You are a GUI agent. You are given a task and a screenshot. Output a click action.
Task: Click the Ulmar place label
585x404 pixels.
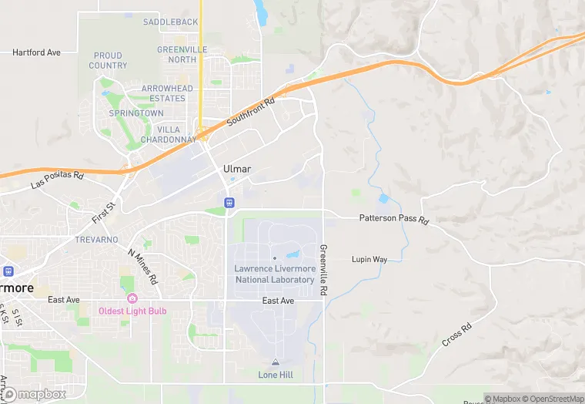point(237,169)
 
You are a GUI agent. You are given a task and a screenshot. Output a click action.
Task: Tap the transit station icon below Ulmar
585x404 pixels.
point(229,202)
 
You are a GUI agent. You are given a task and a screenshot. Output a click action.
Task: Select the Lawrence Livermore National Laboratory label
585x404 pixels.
point(275,274)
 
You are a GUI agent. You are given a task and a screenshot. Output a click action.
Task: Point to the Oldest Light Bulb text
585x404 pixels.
point(132,311)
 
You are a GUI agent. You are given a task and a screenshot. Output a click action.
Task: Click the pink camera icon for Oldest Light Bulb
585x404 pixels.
point(132,298)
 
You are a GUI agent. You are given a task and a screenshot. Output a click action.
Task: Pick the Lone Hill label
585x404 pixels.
point(275,375)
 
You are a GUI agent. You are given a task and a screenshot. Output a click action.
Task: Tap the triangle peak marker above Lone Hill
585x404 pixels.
point(275,362)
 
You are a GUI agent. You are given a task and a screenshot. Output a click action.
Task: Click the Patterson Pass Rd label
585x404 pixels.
point(394,218)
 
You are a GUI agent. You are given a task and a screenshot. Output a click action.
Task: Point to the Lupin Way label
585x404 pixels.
point(369,260)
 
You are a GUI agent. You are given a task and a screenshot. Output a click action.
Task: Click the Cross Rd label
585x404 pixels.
point(456,337)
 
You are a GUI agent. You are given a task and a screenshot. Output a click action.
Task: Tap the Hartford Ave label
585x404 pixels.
point(36,52)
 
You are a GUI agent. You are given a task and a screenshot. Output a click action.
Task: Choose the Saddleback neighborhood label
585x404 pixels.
point(169,22)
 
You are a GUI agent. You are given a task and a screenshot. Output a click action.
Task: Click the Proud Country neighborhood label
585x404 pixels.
point(108,60)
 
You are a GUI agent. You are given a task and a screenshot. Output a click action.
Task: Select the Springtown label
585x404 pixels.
point(136,113)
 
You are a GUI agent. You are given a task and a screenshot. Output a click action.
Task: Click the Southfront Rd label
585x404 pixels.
point(251,113)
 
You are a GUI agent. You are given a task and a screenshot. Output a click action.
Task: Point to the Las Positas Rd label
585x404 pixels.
point(57,180)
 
